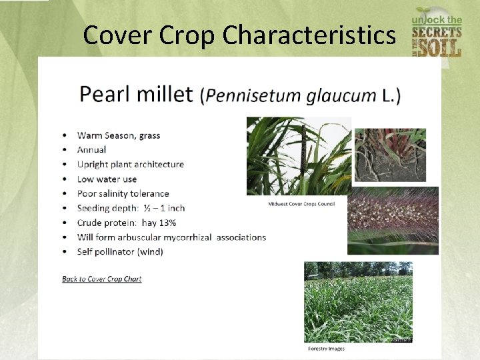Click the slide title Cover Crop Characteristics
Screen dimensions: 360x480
pyautogui.click(x=239, y=35)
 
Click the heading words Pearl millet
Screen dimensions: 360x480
pyautogui.click(x=136, y=94)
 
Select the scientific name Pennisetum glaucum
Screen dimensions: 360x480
pyautogui.click(x=291, y=96)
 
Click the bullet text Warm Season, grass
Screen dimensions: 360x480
pyautogui.click(x=119, y=135)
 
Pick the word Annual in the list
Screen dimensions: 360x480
pyautogui.click(x=91, y=150)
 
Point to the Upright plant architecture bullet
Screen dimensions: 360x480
pyautogui.click(x=130, y=165)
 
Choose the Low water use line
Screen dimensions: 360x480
pyautogui.click(x=107, y=179)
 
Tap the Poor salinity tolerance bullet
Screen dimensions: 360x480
pyautogui.click(x=123, y=194)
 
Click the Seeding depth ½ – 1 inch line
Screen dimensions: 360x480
pyautogui.click(x=131, y=209)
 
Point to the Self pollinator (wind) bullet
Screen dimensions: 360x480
pyautogui.click(x=120, y=252)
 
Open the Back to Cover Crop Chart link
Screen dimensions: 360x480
pyautogui.click(x=102, y=279)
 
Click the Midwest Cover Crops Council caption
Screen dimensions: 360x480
pyautogui.click(x=301, y=204)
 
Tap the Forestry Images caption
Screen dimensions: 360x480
pyautogui.click(x=326, y=349)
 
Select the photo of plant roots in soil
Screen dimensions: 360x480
pyautogui.click(x=389, y=155)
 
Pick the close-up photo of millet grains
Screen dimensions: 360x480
pyautogui.click(x=393, y=220)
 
